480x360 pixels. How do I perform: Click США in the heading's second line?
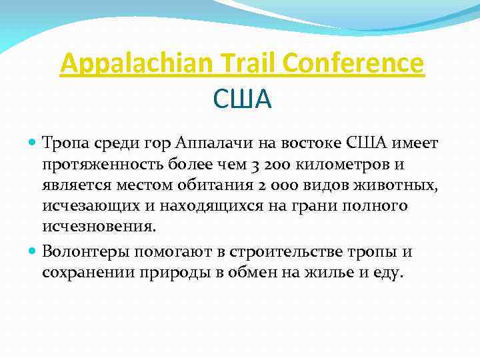click(243, 99)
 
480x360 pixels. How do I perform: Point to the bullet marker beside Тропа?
click(34, 143)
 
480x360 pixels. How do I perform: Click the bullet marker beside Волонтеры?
click(34, 252)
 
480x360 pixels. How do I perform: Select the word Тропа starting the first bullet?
click(65, 143)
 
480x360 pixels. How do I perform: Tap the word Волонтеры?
click(85, 252)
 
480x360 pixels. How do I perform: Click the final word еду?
click(387, 273)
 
